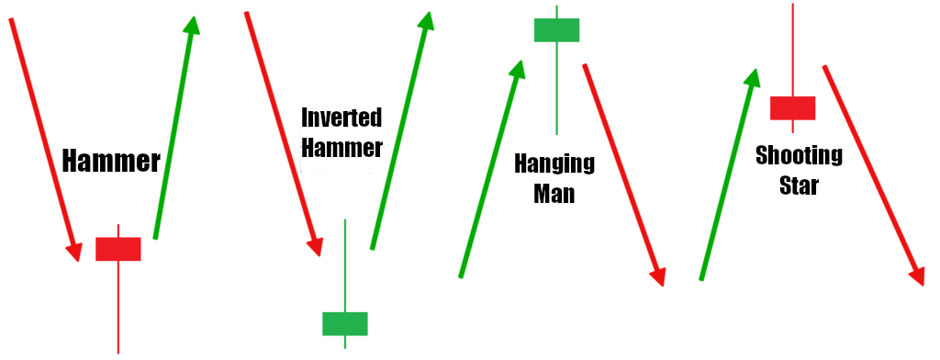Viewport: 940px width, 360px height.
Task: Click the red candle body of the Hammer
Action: pos(118,249)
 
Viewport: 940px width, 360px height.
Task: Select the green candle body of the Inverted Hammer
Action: pos(345,323)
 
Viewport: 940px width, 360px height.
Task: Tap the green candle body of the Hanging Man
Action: pos(557,29)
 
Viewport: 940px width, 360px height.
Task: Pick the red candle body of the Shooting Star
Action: pos(793,107)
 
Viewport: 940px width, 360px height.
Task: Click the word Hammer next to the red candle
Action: pos(111,163)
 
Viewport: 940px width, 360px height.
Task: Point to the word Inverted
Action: pos(341,118)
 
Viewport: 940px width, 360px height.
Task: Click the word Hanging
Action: pos(554,165)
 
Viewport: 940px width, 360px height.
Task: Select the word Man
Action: pos(554,194)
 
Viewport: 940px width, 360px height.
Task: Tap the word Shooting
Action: pos(799,156)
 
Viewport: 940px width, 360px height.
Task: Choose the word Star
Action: pos(799,185)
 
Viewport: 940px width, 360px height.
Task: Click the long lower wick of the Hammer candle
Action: pos(118,308)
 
